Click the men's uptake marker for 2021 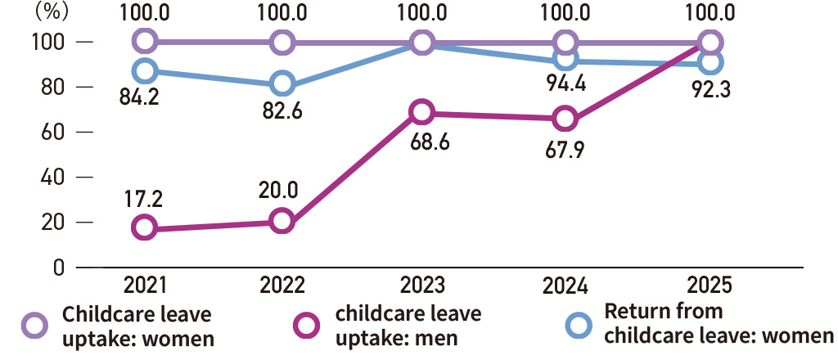145,227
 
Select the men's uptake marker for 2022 282,221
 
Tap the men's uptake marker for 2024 565,119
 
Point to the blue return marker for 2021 145,70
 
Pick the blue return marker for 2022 282,83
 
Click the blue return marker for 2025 711,62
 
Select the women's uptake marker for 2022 282,41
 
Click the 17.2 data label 143,198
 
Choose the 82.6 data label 283,111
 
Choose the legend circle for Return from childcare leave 579,326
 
